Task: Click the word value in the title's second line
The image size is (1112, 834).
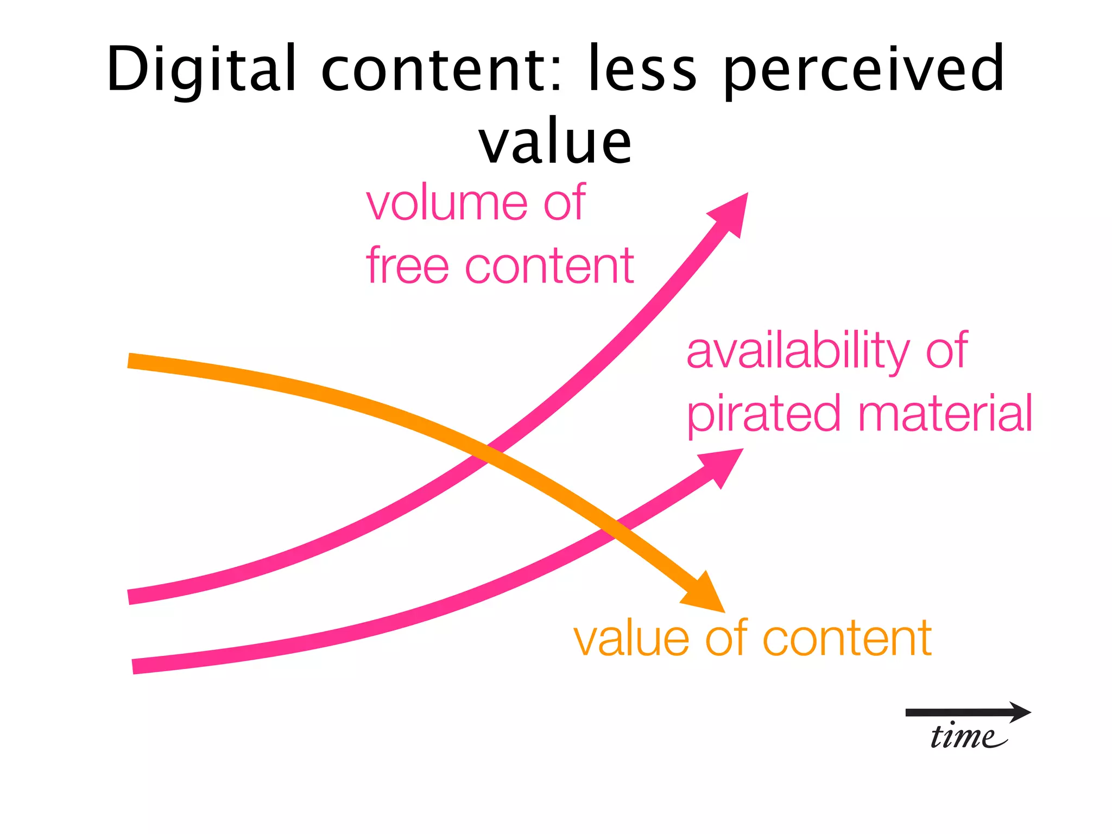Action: click(x=555, y=142)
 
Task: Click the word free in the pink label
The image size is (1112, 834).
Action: click(x=408, y=266)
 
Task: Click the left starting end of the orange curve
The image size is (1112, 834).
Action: click(x=130, y=361)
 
